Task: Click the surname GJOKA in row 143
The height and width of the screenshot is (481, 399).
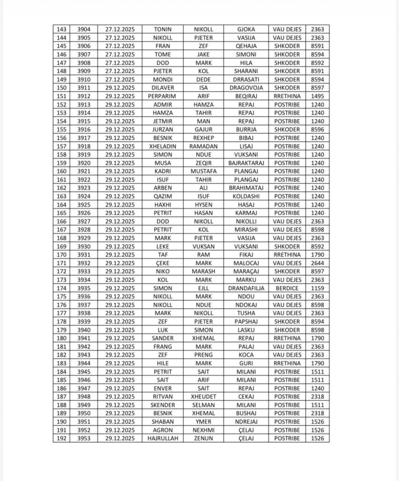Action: (246, 29)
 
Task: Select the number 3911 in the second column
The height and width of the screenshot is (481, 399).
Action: (84, 88)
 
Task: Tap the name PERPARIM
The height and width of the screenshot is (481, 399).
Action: (162, 96)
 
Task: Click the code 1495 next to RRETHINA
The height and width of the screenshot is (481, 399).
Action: (317, 96)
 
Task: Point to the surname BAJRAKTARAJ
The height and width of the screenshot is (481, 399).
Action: (246, 163)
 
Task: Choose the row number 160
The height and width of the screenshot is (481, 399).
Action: (61, 171)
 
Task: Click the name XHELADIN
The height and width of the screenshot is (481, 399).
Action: (162, 146)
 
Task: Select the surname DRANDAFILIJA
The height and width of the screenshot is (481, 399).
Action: (246, 288)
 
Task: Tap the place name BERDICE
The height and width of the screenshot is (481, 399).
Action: (287, 288)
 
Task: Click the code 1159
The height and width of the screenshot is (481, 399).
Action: (317, 288)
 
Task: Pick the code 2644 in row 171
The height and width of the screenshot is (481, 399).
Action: (317, 263)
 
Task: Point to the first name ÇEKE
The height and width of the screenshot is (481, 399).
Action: (162, 263)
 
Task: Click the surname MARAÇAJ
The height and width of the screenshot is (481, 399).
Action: (246, 272)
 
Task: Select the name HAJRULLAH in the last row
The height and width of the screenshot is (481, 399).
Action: (162, 438)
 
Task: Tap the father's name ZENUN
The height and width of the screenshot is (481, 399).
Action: (203, 438)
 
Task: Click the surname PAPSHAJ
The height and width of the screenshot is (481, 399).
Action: (246, 321)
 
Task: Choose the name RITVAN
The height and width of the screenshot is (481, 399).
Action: (162, 396)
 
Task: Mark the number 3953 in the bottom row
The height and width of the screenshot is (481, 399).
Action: (84, 438)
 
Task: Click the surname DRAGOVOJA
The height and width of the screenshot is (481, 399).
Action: (246, 88)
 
